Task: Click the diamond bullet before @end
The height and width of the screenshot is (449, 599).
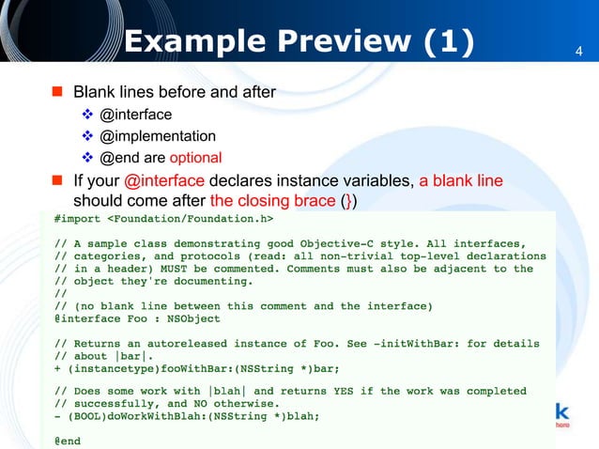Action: pos(87,158)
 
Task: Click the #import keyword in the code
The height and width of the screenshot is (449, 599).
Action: pos(78,220)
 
